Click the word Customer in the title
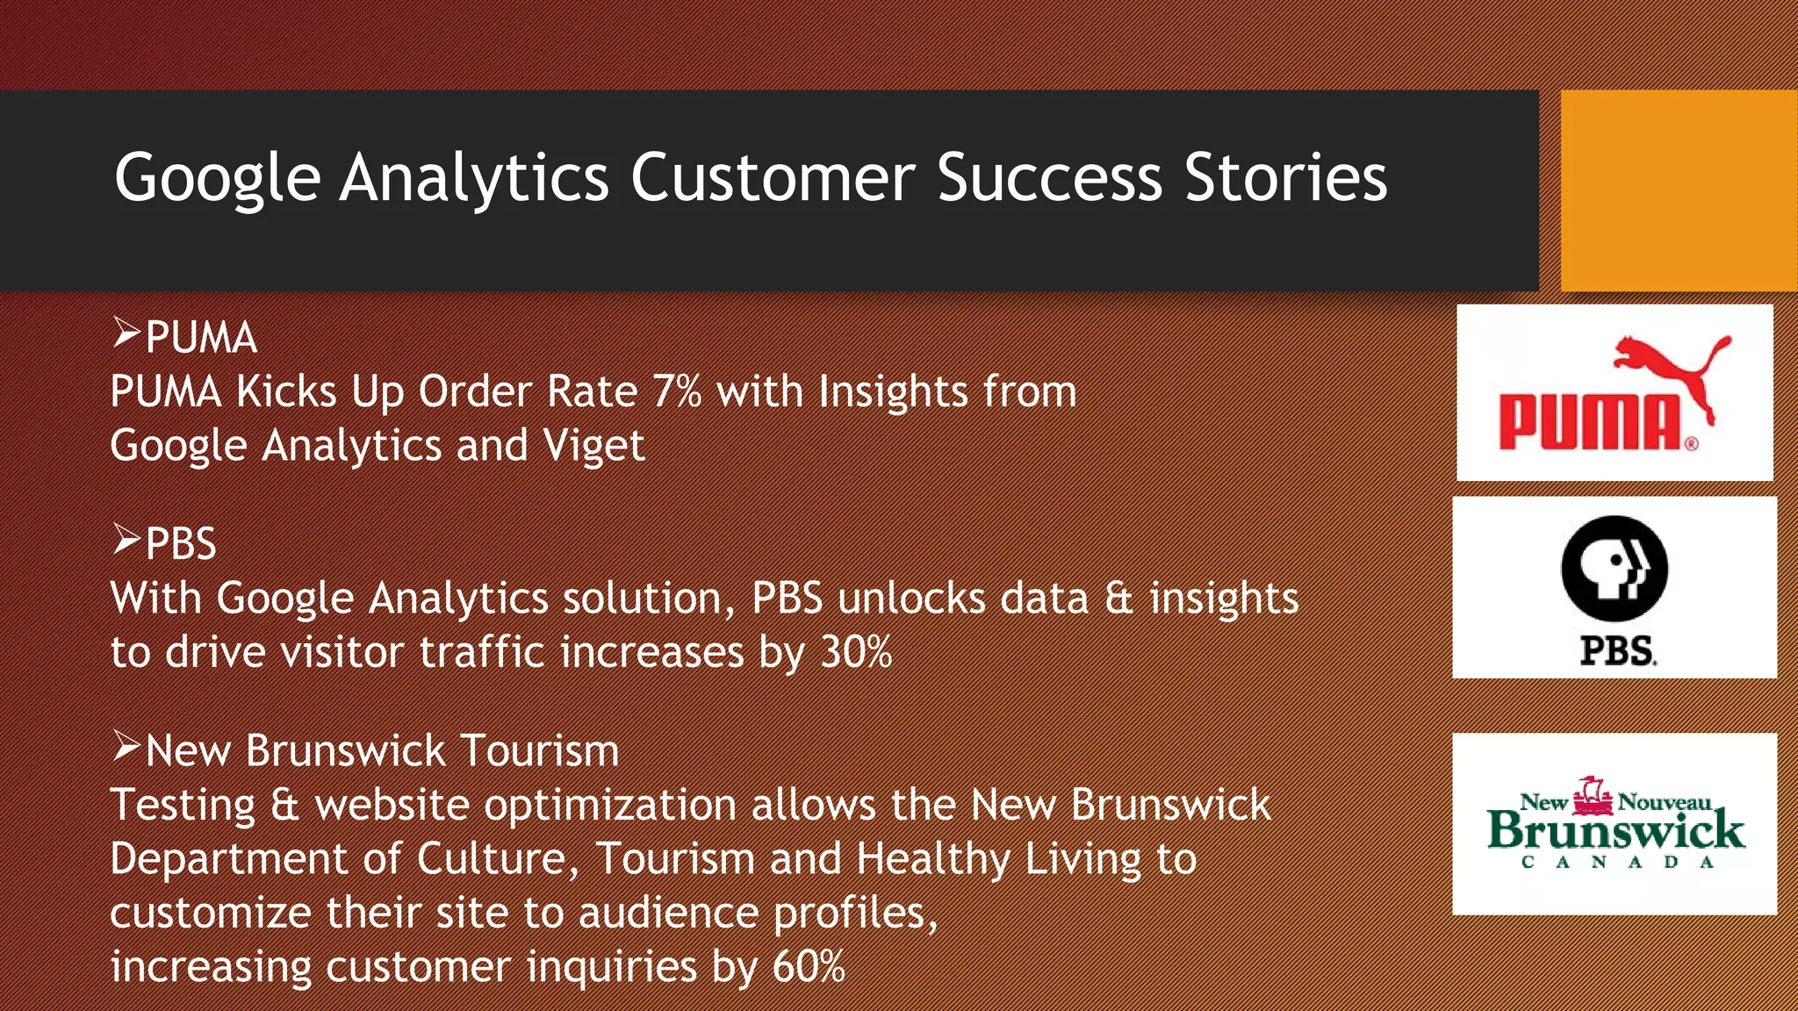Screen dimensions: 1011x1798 tap(773, 178)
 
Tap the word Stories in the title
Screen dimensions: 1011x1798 tap(1285, 178)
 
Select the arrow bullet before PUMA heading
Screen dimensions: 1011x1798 tap(126, 333)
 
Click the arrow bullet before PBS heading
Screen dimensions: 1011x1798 tap(126, 540)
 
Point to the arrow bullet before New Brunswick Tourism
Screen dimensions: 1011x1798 tap(126, 747)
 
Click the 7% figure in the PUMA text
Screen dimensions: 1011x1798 tap(677, 391)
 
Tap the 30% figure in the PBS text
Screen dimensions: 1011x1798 tap(856, 652)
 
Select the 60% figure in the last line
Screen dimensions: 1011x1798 tap(809, 966)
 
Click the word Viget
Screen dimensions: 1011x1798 tap(593, 446)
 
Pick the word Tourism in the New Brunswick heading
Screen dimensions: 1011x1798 tap(539, 751)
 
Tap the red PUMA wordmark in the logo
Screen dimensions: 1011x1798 tap(1589, 423)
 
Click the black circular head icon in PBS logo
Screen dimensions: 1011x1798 tap(1614, 569)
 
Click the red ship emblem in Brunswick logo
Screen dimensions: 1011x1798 tap(1593, 797)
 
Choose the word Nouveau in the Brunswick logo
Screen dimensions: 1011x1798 tap(1665, 802)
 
